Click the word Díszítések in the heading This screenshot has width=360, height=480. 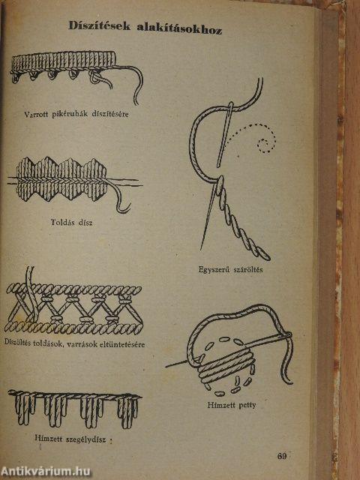[100, 25]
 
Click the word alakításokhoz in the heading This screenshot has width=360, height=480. [179, 28]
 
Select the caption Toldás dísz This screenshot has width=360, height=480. [71, 222]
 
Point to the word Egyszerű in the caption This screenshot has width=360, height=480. [214, 270]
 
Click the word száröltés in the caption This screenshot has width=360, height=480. [248, 270]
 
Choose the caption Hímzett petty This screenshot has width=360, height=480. [232, 405]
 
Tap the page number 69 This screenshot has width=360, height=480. [282, 456]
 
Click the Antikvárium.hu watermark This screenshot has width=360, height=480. [46, 471]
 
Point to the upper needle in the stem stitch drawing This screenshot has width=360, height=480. [225, 135]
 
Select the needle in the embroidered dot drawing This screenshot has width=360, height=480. [229, 349]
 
